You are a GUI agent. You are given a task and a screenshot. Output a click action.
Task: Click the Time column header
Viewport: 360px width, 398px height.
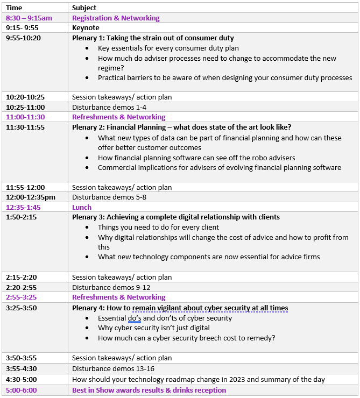click(14, 8)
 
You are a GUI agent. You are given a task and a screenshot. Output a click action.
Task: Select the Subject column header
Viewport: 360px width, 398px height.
click(84, 8)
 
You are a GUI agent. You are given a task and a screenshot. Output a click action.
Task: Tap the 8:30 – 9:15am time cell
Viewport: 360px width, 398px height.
click(29, 18)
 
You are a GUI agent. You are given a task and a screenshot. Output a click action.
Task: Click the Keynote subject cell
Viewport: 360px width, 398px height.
click(86, 27)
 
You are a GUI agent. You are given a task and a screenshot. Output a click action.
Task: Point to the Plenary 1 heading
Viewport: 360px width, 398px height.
click(153, 38)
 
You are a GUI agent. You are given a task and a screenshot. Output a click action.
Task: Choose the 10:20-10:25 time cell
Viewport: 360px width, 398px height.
click(25, 97)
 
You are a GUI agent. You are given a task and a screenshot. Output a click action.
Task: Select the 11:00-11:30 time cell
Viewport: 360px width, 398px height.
click(25, 117)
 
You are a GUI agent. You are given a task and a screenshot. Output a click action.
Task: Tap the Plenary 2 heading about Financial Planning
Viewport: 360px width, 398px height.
click(181, 127)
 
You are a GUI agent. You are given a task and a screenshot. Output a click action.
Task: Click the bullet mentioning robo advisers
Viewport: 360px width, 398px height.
click(196, 158)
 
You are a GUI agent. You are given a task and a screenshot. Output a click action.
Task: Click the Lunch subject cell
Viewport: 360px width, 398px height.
click(82, 207)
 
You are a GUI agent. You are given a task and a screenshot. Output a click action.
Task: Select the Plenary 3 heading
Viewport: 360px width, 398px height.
click(176, 217)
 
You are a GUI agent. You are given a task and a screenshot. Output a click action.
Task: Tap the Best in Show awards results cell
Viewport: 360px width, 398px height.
click(149, 390)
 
